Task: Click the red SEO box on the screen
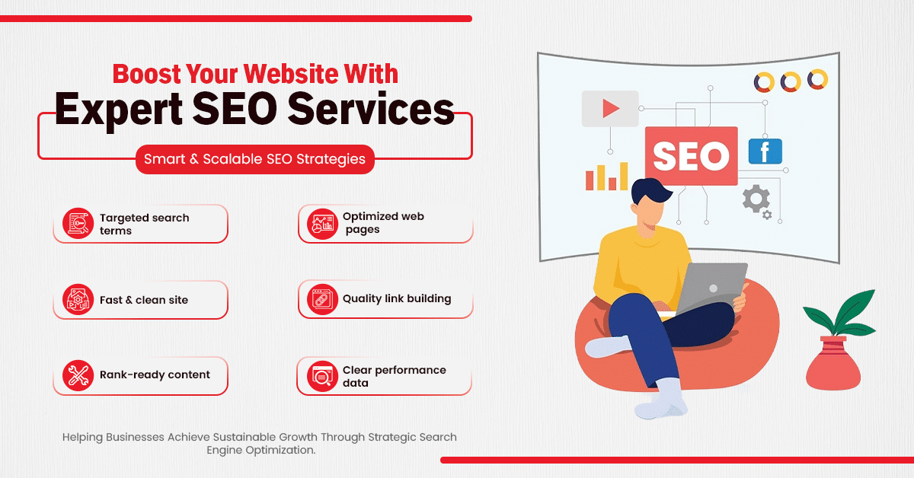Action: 691,156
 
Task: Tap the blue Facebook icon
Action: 765,151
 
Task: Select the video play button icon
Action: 609,109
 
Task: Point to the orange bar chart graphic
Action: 606,176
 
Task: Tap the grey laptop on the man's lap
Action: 711,288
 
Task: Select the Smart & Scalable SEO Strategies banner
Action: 255,160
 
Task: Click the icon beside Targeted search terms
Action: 78,224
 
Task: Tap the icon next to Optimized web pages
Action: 321,223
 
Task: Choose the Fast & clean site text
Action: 144,300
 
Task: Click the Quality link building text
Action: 397,298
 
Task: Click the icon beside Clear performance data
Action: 321,376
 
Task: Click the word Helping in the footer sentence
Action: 85,438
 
